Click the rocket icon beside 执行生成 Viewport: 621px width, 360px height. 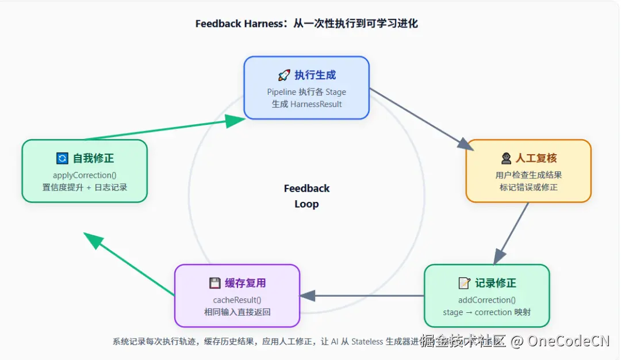[x=284, y=75]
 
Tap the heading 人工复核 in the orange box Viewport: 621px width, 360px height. [x=536, y=158]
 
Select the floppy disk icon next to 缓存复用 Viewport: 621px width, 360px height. [x=214, y=283]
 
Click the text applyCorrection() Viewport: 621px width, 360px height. [x=85, y=175]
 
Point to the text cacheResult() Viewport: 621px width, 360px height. [x=237, y=300]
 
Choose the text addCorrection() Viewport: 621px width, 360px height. [x=486, y=300]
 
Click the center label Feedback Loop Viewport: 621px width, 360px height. [x=306, y=196]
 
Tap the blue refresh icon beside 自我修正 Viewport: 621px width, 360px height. [x=62, y=158]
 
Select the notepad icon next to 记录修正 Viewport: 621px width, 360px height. [x=464, y=283]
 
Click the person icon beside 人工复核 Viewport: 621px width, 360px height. [x=506, y=158]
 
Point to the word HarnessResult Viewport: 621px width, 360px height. [x=316, y=104]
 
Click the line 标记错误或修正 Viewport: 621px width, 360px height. [x=528, y=187]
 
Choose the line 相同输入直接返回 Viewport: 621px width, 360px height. [x=237, y=312]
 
